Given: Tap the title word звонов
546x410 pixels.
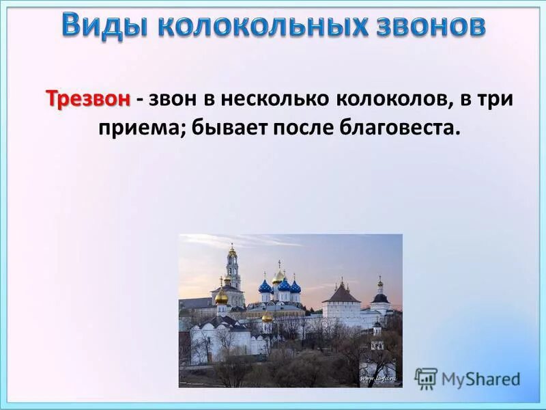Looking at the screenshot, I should [429, 26].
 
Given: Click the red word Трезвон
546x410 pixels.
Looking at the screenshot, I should [88, 99].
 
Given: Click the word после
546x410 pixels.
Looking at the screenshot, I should [304, 128].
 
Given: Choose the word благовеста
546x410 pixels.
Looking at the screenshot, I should [396, 128].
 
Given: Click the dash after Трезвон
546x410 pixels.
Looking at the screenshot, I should [139, 100].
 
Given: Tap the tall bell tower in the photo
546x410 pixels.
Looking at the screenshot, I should [233, 270].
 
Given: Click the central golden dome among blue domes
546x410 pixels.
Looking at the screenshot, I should [278, 276].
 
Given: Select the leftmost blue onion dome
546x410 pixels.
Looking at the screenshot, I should [265, 286].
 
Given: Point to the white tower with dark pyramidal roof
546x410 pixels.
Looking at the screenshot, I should [341, 301].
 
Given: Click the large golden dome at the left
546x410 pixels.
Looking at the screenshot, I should [222, 297].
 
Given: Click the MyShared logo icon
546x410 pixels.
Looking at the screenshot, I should [426, 378].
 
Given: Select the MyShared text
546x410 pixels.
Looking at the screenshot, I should [480, 379].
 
